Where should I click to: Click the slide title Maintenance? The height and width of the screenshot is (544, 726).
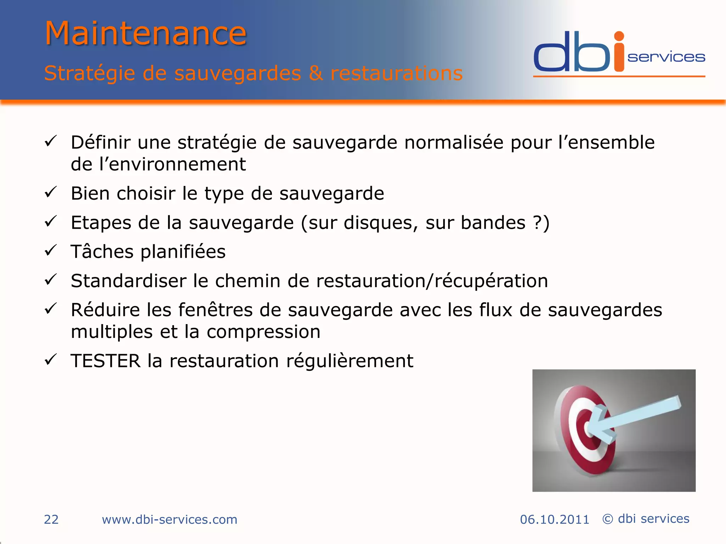[x=145, y=33]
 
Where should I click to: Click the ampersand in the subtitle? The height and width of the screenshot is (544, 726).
[x=315, y=73]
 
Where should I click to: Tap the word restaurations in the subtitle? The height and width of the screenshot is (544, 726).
[x=396, y=73]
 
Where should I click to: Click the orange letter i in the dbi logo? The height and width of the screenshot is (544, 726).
[x=619, y=53]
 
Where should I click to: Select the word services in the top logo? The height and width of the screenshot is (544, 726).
[x=666, y=57]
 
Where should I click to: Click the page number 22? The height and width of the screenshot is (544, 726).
[x=51, y=519]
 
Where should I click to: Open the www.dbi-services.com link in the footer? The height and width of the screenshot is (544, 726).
[x=169, y=519]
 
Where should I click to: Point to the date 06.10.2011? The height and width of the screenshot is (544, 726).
[x=554, y=519]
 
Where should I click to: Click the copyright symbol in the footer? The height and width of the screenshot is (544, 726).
[x=608, y=519]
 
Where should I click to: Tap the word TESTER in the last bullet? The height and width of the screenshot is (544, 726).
[x=105, y=361]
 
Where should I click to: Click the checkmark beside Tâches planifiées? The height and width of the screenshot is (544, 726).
[x=51, y=251]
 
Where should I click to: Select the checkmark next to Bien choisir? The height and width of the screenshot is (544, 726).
[x=51, y=192]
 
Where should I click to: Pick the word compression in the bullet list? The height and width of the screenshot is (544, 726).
[x=263, y=332]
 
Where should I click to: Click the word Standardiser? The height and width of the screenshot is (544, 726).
[x=128, y=281]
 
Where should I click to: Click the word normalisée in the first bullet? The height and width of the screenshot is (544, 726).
[x=454, y=142]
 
